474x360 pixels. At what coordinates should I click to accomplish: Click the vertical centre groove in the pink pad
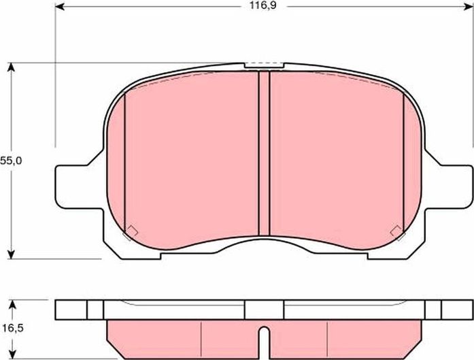coord(264,157)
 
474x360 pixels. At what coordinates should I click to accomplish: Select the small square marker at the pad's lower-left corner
coord(131,232)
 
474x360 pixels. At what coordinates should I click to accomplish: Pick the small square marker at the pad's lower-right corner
coord(395,232)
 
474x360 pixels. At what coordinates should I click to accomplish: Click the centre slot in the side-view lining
coord(264,338)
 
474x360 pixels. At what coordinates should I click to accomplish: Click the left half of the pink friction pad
coord(190,157)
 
